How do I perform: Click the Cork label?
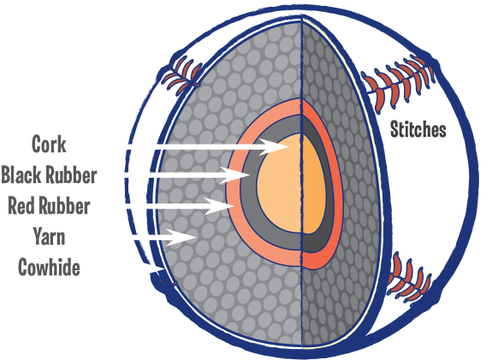[x=50, y=143]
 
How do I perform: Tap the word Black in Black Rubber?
[x=23, y=175]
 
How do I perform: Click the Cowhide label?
[x=49, y=268]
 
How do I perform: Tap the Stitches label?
[x=418, y=131]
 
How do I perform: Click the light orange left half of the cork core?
[x=278, y=184]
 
